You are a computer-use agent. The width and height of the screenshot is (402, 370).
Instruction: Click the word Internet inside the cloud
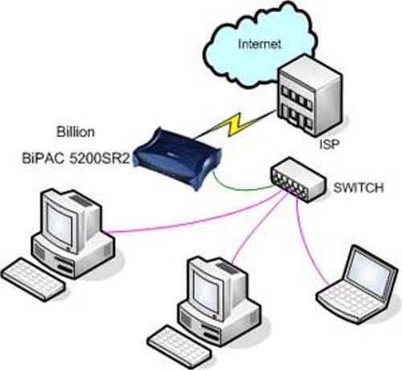coord(260,44)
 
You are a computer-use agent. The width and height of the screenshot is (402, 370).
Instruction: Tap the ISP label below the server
coord(330,145)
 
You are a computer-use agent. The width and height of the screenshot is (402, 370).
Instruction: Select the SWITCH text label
coord(359,187)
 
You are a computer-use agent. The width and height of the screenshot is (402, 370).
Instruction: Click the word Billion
coord(76,132)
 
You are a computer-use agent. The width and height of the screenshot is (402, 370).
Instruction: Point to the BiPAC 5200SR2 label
coord(76,158)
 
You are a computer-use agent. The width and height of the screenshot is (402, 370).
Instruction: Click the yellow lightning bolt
coord(236,124)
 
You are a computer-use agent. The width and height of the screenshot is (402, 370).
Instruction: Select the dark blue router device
coord(178,158)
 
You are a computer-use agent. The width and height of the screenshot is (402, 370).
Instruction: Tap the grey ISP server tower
coord(310,96)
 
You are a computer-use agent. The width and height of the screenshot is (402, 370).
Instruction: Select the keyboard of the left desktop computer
coord(33,279)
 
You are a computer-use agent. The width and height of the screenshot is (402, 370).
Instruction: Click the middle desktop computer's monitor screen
coord(207,292)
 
